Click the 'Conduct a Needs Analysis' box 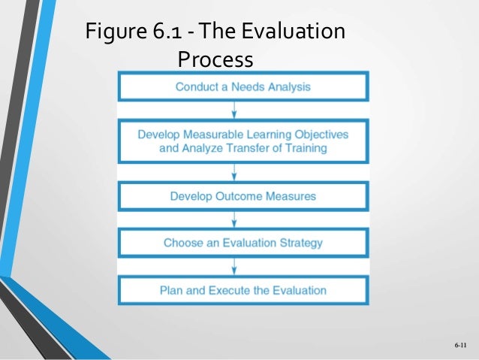click(243, 86)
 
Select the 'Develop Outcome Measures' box click(243, 196)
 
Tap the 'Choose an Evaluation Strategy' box click(243, 243)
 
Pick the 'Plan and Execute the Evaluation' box click(243, 289)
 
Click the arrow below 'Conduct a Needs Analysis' click(235, 110)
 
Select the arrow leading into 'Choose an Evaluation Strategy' click(235, 219)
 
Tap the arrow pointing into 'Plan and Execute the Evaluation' click(235, 265)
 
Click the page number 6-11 click(459, 345)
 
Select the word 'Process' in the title click(215, 58)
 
